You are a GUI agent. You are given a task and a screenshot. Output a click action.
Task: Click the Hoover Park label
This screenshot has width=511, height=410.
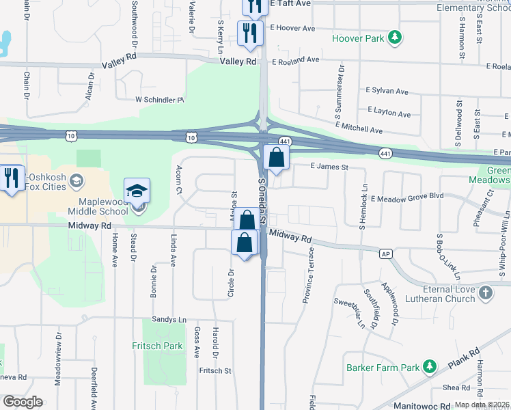pyautogui.click(x=358, y=39)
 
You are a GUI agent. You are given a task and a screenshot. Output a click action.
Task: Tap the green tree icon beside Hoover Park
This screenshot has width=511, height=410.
pyautogui.click(x=395, y=37)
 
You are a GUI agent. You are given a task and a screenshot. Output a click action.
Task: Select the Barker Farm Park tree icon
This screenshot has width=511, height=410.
pyautogui.click(x=430, y=367)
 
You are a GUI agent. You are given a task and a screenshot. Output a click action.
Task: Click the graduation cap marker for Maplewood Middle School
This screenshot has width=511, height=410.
pyautogui.click(x=137, y=192)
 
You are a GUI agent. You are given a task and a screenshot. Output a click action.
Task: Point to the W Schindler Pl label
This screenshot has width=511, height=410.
pyautogui.click(x=160, y=100)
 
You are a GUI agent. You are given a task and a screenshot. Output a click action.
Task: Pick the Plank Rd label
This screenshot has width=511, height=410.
pyautogui.click(x=464, y=357)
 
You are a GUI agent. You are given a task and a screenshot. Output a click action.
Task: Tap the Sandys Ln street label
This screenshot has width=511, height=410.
pyautogui.click(x=169, y=319)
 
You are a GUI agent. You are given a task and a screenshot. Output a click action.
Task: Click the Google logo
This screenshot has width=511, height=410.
pyautogui.click(x=23, y=402)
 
